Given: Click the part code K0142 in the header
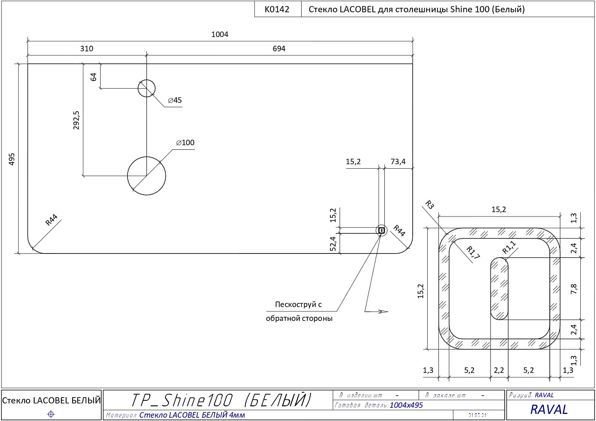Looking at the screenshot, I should tap(277, 9).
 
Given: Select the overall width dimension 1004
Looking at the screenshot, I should tap(220, 35).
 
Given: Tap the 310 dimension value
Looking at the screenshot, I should tap(87, 49).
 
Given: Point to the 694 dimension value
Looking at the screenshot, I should tap(279, 49).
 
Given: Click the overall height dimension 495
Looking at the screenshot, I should tap(12, 159).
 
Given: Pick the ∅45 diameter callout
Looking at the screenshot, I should tap(175, 100).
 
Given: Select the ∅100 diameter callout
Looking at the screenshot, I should tap(185, 143).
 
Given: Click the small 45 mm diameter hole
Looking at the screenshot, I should tap(146, 88).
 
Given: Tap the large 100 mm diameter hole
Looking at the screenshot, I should tap(146, 176).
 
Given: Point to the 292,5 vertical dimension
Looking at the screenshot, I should tap(76, 120).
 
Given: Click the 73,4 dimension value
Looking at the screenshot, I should tap(398, 162).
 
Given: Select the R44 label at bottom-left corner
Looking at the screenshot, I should tap(51, 220).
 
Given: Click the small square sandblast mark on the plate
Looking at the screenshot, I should tap(381, 230).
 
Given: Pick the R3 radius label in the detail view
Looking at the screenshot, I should tap(429, 204).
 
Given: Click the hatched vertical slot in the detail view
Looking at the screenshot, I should tap(499, 288).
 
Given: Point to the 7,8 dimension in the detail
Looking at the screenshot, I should tap(574, 289).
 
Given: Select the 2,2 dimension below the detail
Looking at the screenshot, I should tap(499, 370).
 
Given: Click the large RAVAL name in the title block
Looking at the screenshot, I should tap(549, 409).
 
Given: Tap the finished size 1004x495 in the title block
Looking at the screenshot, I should tap(406, 405).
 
